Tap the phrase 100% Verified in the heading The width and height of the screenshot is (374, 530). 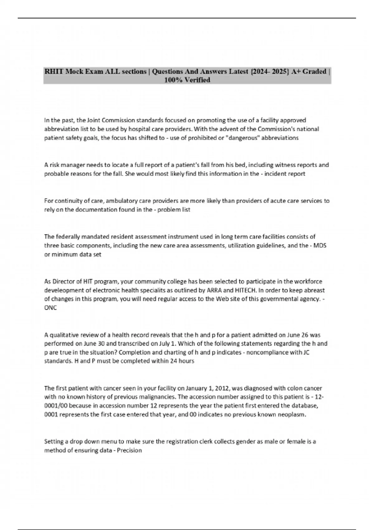click(187, 80)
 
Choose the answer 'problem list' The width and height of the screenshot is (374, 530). click(174, 210)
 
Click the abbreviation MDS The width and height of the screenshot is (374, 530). click(320, 245)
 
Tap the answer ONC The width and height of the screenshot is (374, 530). click(50, 308)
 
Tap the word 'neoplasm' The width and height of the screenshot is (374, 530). click(293, 415)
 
